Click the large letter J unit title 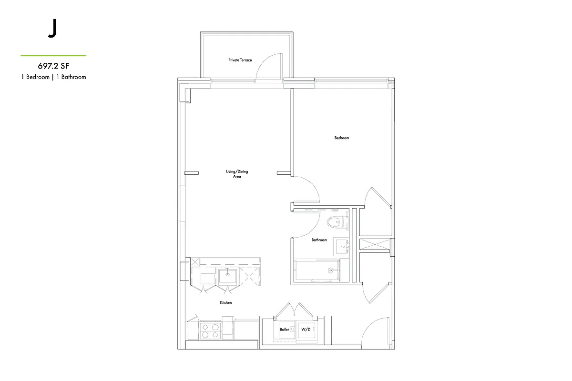pyautogui.click(x=52, y=30)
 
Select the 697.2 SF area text pyautogui.click(x=53, y=66)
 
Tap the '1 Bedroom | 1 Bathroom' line pyautogui.click(x=53, y=77)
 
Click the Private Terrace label pyautogui.click(x=240, y=60)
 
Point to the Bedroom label pyautogui.click(x=341, y=138)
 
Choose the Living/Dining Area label pyautogui.click(x=237, y=174)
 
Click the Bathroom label pyautogui.click(x=319, y=240)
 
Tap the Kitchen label pyautogui.click(x=225, y=303)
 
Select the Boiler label pyautogui.click(x=284, y=329)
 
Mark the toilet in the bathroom pyautogui.click(x=338, y=221)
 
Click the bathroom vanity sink pyautogui.click(x=341, y=246)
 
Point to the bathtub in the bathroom pyautogui.click(x=317, y=271)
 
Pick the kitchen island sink pyautogui.click(x=227, y=275)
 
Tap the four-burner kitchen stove pyautogui.click(x=210, y=331)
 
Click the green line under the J pyautogui.click(x=53, y=56)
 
